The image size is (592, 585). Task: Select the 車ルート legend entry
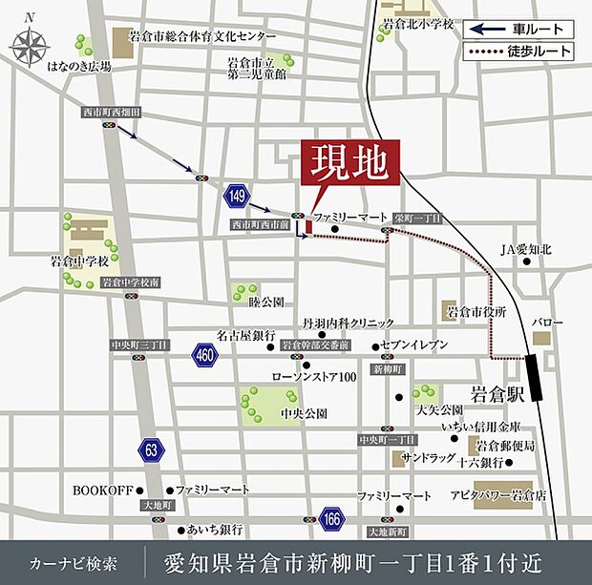[520, 29]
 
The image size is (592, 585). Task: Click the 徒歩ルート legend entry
[520, 51]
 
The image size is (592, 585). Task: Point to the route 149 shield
[236, 198]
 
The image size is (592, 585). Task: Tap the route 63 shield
[151, 448]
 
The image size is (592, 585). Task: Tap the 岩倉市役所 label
[475, 311]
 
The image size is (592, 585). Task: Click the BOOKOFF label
[102, 490]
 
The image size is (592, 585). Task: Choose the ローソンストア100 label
[314, 377]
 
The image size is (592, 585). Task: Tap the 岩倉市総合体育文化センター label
[200, 36]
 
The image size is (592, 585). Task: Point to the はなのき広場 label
[78, 66]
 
